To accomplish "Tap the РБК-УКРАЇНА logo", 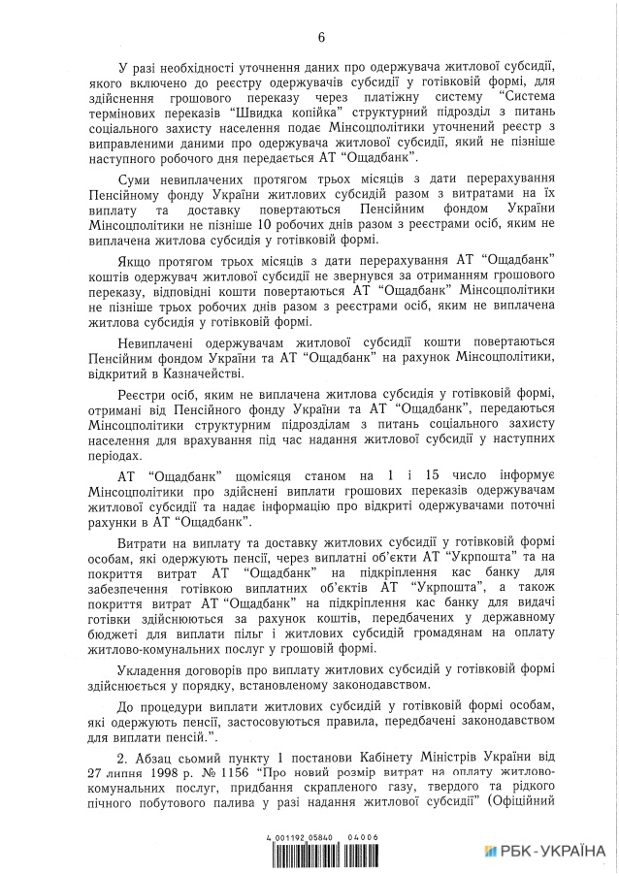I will tap(546, 851).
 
